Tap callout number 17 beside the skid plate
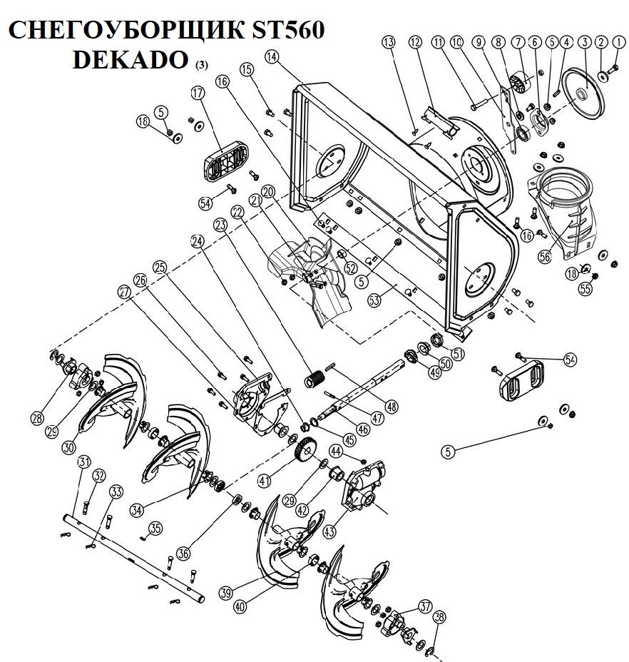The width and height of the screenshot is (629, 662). click(198, 92)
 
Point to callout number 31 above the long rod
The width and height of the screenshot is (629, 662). click(84, 463)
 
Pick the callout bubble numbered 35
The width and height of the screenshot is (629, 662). click(155, 527)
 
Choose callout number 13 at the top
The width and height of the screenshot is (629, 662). click(388, 43)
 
